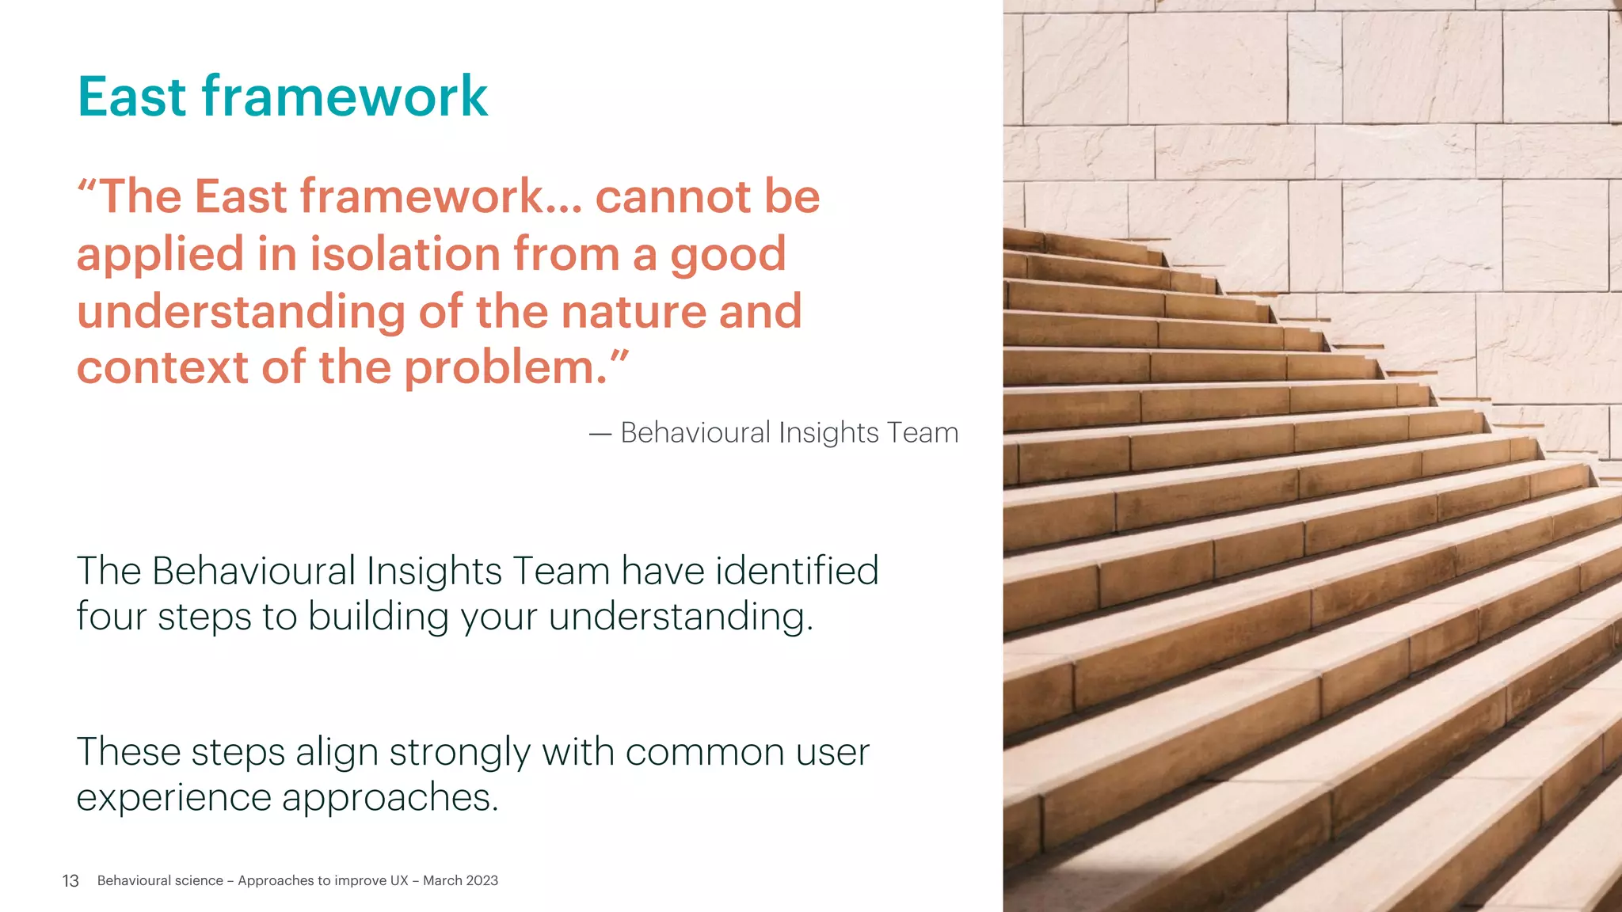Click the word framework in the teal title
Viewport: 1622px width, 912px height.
pyautogui.click(x=345, y=97)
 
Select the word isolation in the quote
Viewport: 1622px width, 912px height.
pyautogui.click(x=405, y=254)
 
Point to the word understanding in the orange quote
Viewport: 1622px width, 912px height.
pyautogui.click(x=241, y=312)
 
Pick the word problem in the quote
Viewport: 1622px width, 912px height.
pyautogui.click(x=504, y=369)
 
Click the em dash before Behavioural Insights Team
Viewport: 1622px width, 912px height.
pyautogui.click(x=600, y=434)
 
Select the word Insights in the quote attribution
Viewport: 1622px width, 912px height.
pyautogui.click(x=828, y=434)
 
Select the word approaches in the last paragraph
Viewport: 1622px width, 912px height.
pyautogui.click(x=390, y=798)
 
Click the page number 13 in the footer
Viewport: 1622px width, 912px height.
pyautogui.click(x=70, y=881)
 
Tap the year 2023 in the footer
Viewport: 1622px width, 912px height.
pyautogui.click(x=482, y=880)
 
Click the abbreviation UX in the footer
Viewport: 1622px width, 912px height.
pyautogui.click(x=398, y=880)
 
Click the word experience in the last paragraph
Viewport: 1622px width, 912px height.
pyautogui.click(x=173, y=798)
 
